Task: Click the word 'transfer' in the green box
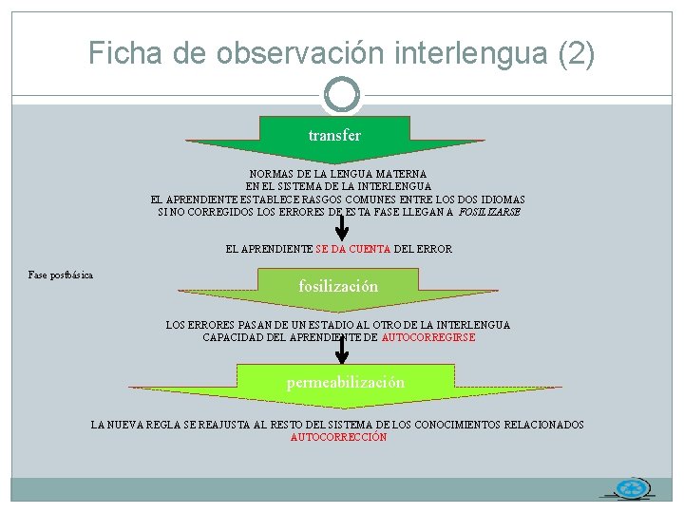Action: (x=334, y=136)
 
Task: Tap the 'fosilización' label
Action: (x=338, y=286)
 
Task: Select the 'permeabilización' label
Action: (x=346, y=382)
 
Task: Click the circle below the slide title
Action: (x=342, y=93)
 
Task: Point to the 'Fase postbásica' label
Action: (x=61, y=275)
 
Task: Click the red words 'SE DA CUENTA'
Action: (x=352, y=249)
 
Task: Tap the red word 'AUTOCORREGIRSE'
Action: (x=427, y=337)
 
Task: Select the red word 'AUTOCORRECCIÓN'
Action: (x=338, y=438)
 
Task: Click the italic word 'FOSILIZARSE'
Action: (x=489, y=212)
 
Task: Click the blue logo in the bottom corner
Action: (x=631, y=488)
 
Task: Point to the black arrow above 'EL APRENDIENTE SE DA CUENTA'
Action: (x=342, y=223)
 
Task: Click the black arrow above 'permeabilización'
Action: (x=342, y=349)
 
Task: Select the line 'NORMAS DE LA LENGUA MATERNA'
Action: (x=337, y=175)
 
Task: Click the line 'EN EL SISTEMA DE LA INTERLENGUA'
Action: (x=338, y=187)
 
